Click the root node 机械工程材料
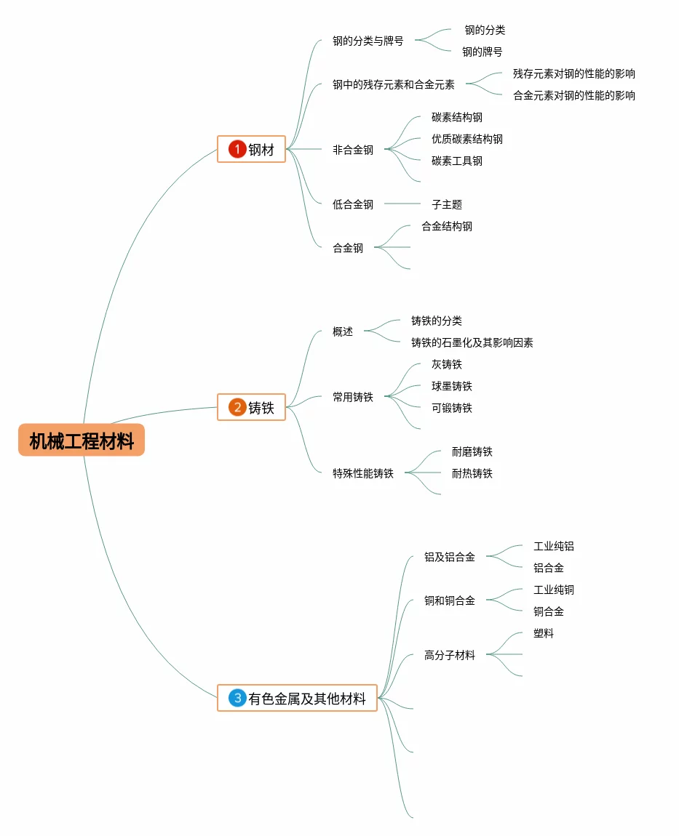point(82,441)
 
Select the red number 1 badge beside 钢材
point(237,149)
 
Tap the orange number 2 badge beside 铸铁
point(237,407)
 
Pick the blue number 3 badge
point(237,698)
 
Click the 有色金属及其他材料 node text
point(307,699)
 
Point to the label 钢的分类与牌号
point(368,41)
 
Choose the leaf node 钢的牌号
point(482,52)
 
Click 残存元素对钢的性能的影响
point(573,73)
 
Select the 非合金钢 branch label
point(353,150)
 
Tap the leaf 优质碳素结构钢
point(466,139)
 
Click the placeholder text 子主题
point(447,205)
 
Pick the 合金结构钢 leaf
point(447,226)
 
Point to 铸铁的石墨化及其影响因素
point(472,342)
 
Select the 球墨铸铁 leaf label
point(451,386)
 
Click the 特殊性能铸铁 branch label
point(363,473)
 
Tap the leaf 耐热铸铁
point(472,473)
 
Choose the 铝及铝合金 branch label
point(450,557)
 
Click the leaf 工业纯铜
point(553,590)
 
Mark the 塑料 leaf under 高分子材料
point(543,633)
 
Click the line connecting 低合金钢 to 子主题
point(402,204)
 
